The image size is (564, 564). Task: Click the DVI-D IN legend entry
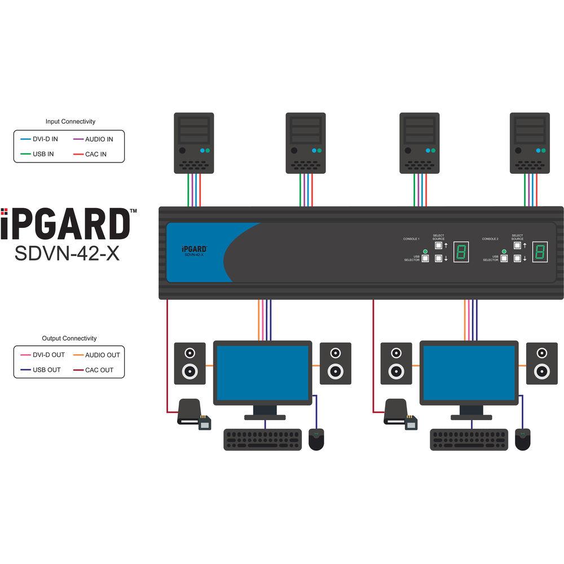coord(43,139)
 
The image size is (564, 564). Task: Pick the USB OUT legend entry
coord(43,370)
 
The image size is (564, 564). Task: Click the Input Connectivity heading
coord(70,121)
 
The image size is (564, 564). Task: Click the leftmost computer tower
coord(193,143)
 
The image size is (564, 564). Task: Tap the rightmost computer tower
coord(530,143)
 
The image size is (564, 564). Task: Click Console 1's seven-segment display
coord(461,252)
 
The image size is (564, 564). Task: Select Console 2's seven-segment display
coord(540,252)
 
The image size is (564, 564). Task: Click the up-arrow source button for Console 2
coord(517,245)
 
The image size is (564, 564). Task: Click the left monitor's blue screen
coord(263,373)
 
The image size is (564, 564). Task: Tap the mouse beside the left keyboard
coord(317,439)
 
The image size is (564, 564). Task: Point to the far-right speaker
coord(542,364)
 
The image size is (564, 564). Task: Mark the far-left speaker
coord(190,364)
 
